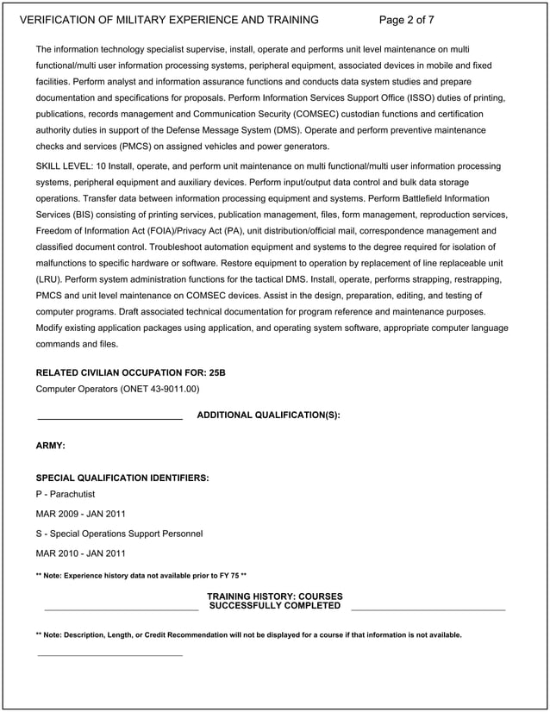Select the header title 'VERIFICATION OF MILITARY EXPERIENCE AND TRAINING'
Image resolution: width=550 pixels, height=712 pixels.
point(169,20)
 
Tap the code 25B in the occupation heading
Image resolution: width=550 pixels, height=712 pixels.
point(216,373)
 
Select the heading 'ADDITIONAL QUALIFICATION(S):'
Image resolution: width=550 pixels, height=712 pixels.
point(268,415)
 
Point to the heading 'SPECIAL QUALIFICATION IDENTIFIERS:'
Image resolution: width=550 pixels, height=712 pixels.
point(122,478)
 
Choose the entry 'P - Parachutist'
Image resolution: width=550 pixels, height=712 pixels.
point(66,494)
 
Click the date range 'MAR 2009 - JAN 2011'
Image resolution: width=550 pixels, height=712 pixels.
point(80,514)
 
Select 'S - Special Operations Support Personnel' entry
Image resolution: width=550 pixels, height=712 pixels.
point(119,534)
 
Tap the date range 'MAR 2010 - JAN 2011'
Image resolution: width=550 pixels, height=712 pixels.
point(80,553)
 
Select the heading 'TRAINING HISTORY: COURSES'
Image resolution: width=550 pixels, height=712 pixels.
point(274,596)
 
